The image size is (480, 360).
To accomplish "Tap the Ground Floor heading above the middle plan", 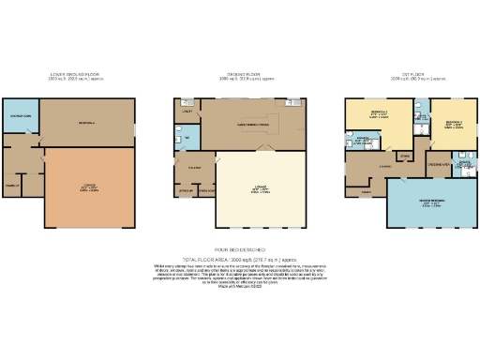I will click(x=239, y=76).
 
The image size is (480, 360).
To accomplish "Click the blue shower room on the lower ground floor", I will click(x=21, y=116).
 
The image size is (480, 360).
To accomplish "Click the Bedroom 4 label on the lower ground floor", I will click(x=86, y=122).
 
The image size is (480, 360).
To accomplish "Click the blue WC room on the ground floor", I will click(x=186, y=142).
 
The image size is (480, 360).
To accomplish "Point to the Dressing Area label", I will click(x=435, y=164).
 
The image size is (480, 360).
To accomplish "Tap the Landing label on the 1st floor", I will click(x=384, y=167).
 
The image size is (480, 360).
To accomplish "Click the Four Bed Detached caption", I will click(x=239, y=249).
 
